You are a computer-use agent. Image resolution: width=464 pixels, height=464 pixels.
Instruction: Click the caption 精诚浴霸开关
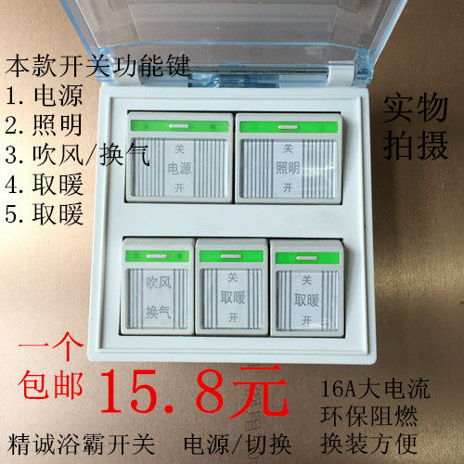[x=71, y=432]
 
